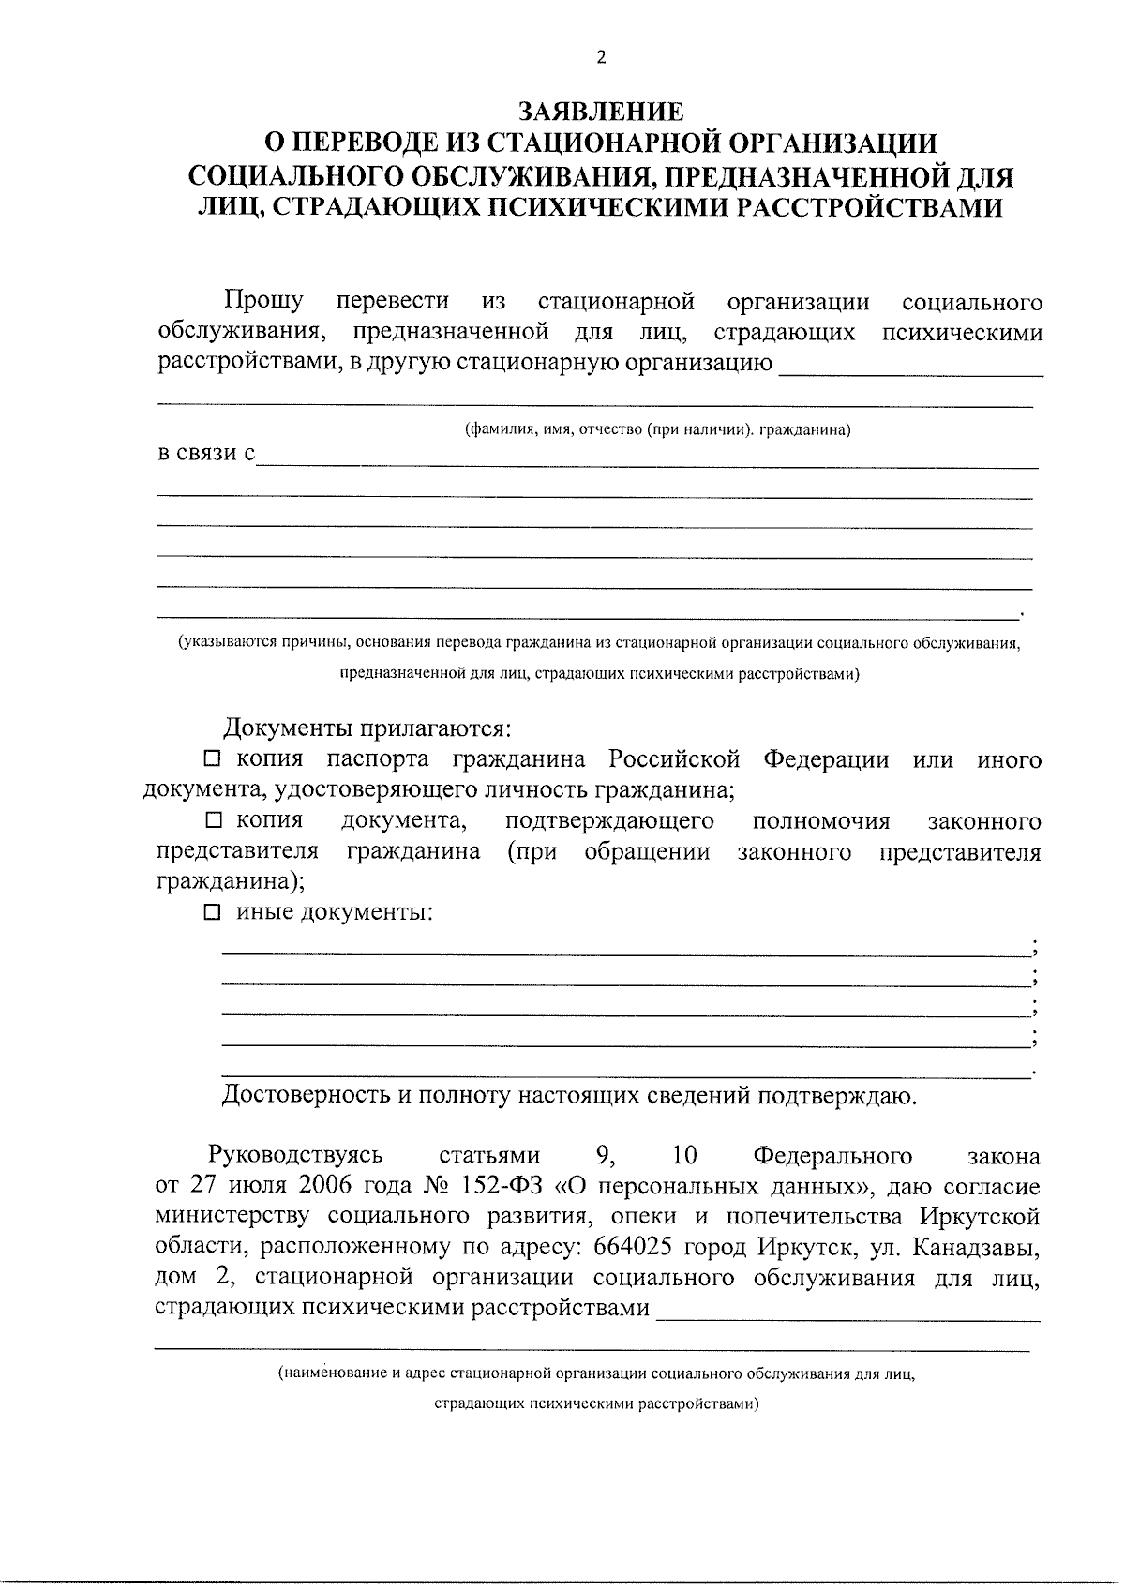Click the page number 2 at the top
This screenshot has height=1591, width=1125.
click(601, 58)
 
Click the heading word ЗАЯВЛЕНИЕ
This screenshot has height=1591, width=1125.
click(601, 112)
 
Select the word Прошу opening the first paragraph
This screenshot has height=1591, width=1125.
click(263, 302)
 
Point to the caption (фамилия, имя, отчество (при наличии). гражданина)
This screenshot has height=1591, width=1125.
click(658, 430)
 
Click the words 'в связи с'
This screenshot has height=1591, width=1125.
click(206, 454)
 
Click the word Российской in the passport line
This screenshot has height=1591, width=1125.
click(674, 758)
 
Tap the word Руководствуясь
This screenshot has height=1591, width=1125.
click(295, 1155)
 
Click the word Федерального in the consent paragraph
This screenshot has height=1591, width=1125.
click(832, 1155)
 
